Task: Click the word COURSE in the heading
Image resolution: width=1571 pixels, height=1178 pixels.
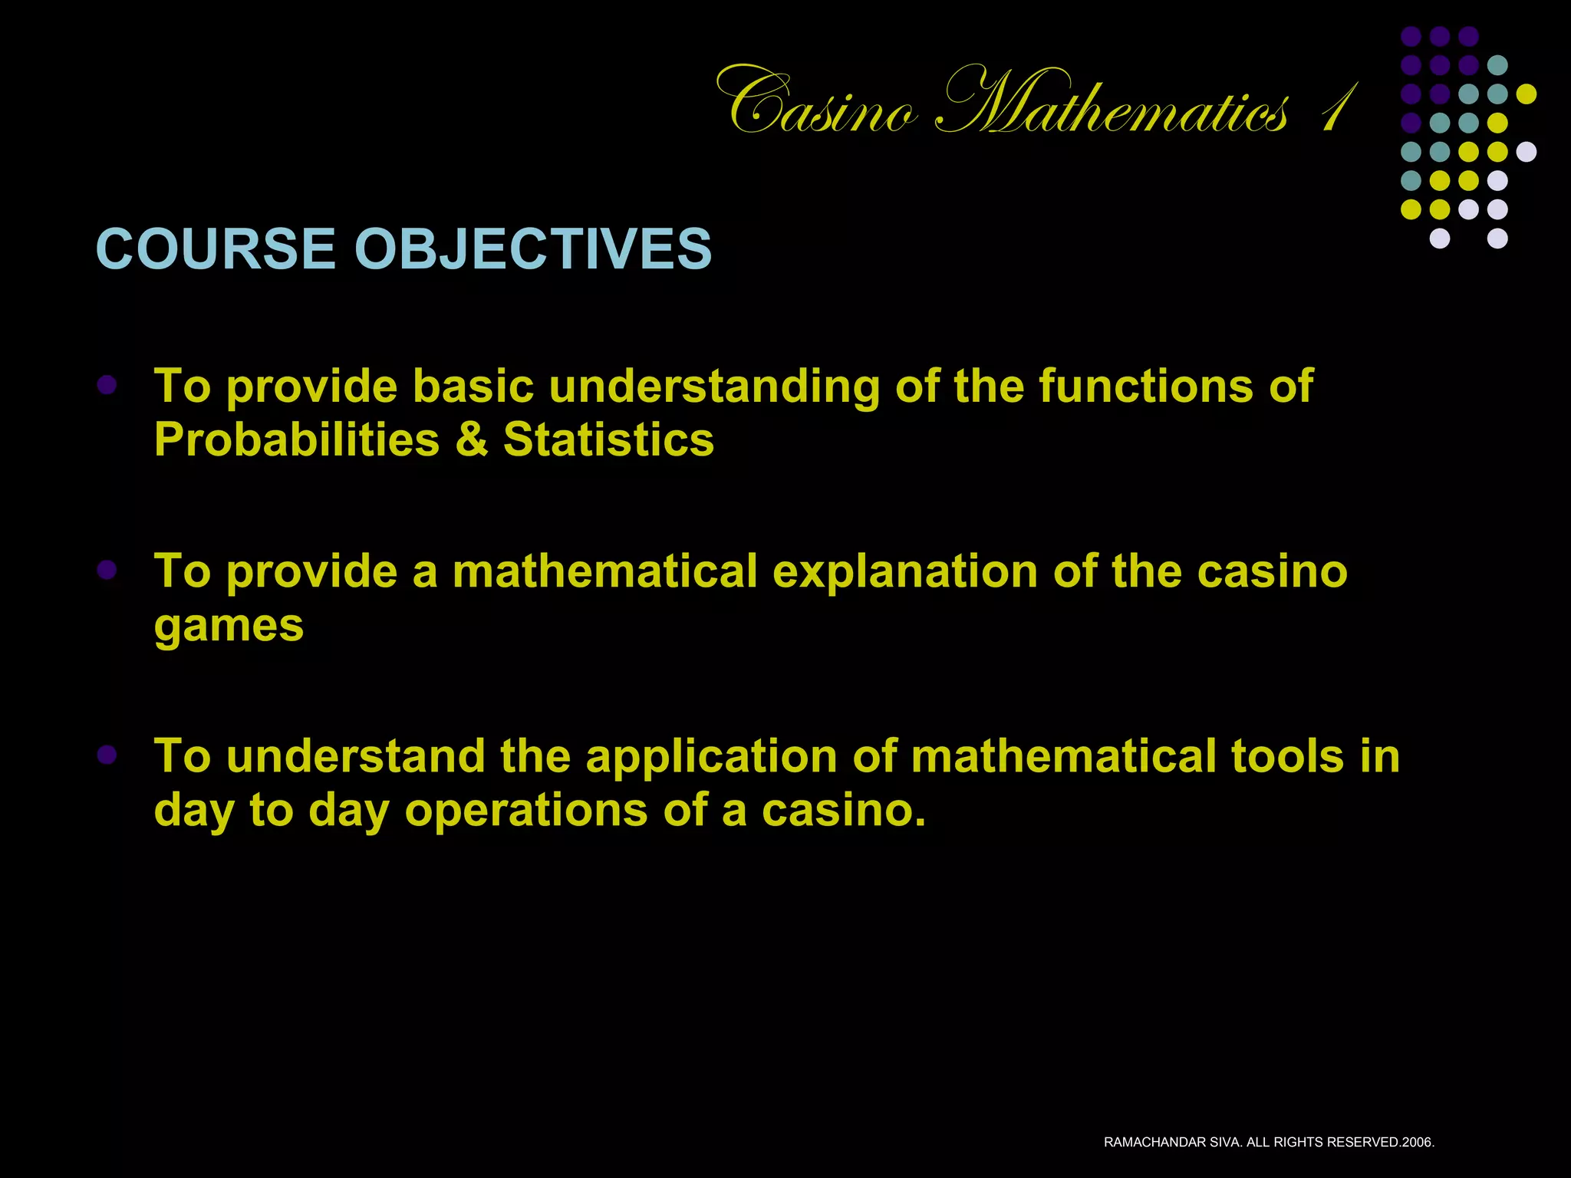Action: point(216,248)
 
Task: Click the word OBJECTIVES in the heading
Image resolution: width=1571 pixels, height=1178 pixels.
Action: point(532,248)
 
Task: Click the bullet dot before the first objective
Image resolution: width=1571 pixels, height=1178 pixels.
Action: point(107,385)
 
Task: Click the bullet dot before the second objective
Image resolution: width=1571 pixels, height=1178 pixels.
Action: point(107,570)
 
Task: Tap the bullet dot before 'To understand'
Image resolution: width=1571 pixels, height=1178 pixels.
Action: point(107,755)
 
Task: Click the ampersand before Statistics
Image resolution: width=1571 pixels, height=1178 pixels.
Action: point(471,440)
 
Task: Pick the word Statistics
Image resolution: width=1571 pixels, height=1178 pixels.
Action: point(608,440)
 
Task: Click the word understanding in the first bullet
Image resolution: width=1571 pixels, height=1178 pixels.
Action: point(714,387)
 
